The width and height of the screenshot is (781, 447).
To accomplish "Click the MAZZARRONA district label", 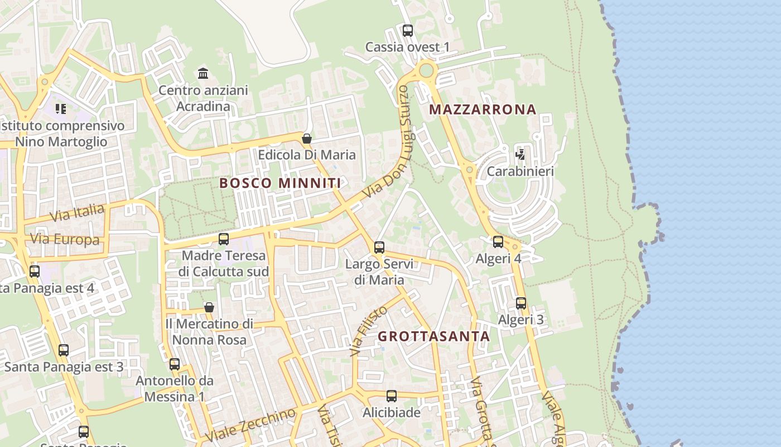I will point(483,110).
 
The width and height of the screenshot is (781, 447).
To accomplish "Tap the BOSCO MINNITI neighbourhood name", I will point(280,183).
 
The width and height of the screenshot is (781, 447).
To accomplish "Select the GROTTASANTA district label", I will point(434,336).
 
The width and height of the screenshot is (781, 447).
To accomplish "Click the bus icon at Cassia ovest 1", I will point(408,30).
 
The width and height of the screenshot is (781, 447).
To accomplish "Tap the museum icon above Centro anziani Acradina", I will point(203,73).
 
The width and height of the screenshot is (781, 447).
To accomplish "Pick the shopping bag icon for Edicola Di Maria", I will point(307,139).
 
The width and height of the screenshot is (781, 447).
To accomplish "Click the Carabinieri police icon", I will point(520,154).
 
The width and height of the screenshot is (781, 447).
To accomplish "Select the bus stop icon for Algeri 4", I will point(498,242).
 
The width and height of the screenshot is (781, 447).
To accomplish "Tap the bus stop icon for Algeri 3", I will point(521,303).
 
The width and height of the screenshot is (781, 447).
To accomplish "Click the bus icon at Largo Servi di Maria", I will point(379,247).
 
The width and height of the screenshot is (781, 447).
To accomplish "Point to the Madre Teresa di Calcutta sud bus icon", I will point(224,239).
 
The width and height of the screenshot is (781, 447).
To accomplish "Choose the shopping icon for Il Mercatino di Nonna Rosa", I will point(209,307).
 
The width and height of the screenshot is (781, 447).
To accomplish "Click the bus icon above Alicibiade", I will point(392,396).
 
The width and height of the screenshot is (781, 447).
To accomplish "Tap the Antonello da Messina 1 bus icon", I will point(175,364).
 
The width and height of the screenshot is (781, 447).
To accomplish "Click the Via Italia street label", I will point(77,212).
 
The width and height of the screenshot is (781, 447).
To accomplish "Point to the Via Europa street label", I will point(65,240).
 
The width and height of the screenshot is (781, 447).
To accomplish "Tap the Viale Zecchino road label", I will point(249,424).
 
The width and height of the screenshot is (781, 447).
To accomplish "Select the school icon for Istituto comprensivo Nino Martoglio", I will point(61,108).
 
